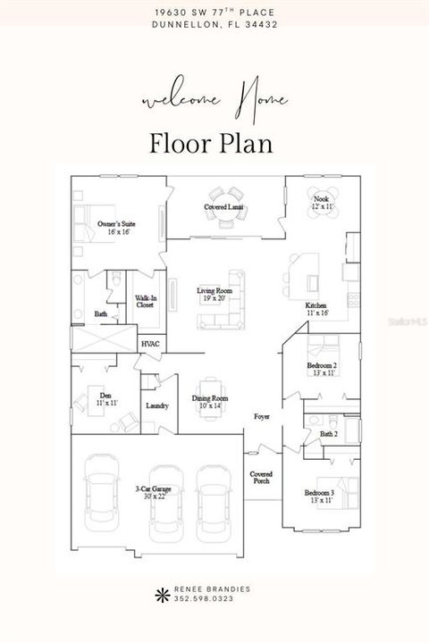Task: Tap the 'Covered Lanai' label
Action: [224, 207]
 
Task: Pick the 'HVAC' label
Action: [150, 343]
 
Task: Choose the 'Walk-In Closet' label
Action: [145, 302]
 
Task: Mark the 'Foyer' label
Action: [262, 416]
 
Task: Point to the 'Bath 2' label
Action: [329, 434]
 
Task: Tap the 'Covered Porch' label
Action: [261, 478]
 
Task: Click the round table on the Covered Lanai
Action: [225, 195]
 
